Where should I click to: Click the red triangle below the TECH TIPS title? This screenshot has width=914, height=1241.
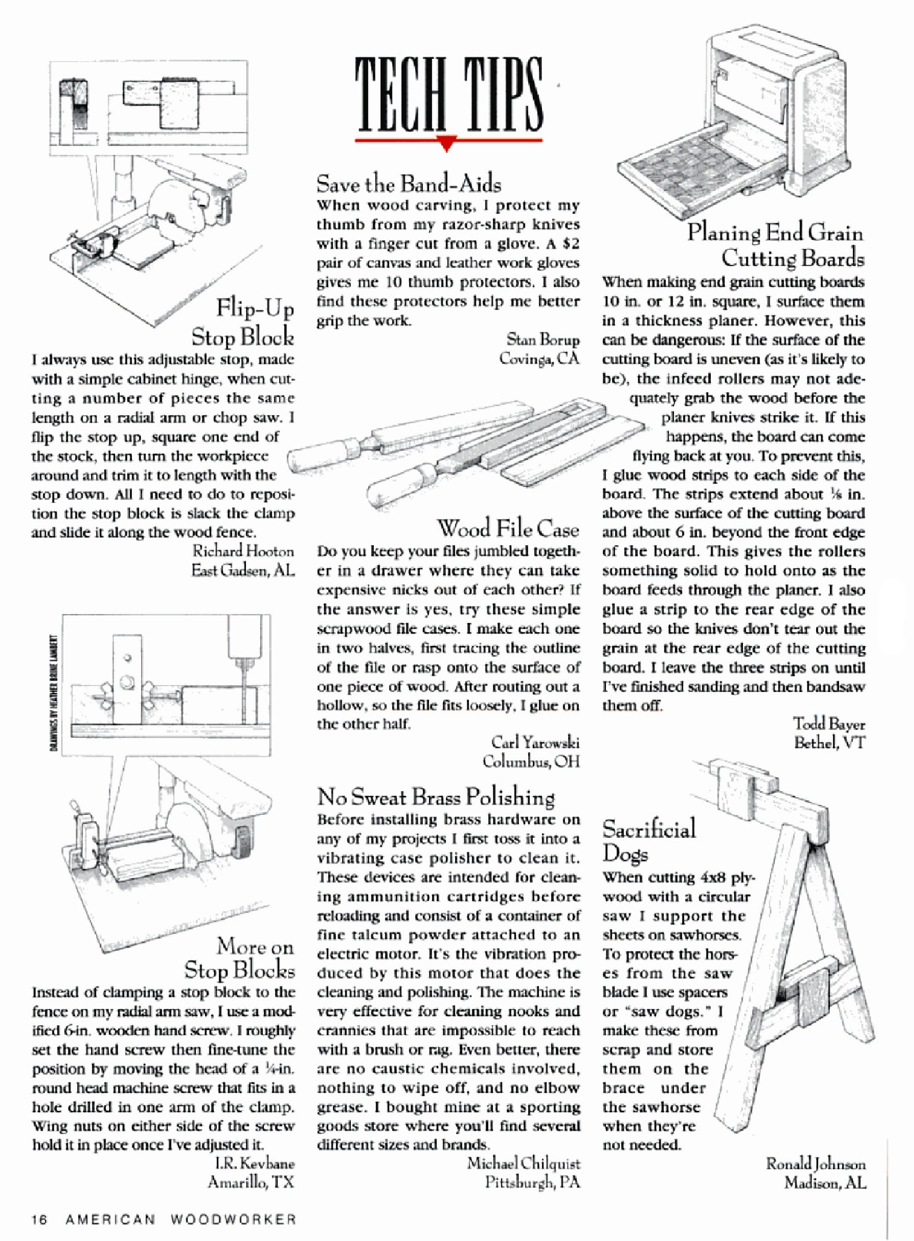(x=448, y=145)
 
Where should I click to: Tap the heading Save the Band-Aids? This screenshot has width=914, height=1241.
(x=409, y=183)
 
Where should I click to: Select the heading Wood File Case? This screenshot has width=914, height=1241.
(x=508, y=528)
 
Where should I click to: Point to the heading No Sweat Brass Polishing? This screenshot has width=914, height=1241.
(x=436, y=797)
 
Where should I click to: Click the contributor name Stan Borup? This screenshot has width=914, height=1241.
(x=543, y=339)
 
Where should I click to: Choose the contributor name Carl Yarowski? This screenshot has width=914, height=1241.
(x=535, y=742)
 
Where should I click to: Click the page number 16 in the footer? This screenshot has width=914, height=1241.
(x=40, y=1220)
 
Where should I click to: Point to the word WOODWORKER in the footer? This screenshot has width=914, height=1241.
(x=233, y=1220)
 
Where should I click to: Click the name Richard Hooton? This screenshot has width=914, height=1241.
(x=243, y=551)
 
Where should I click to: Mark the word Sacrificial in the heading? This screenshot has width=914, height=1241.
(x=648, y=830)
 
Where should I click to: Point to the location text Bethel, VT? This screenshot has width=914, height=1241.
(x=829, y=743)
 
